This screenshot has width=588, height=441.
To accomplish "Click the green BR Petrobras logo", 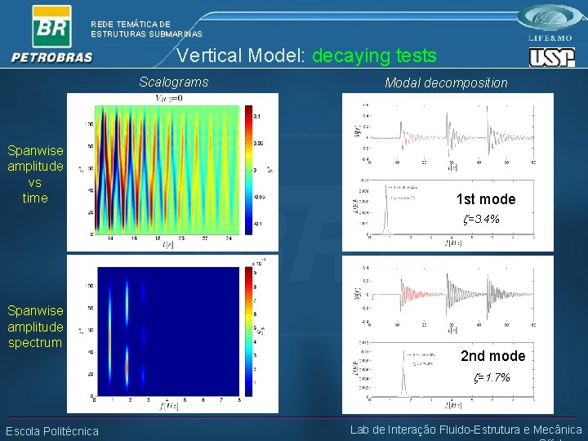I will [51, 27].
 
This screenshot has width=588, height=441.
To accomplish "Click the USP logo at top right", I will [552, 57].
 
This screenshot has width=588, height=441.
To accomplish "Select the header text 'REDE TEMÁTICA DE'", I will [131, 24].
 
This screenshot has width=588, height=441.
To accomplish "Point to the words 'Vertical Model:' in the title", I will [242, 56].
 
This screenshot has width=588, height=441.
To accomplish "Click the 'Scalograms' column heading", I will [173, 82].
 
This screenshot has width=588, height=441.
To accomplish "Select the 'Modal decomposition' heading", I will [446, 82].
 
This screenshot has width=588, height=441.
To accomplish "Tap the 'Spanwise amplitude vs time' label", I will [35, 174].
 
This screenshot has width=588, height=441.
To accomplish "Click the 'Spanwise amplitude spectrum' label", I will [35, 327].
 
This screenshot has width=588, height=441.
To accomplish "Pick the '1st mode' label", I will [485, 199].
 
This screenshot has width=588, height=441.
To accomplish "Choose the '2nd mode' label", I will [492, 356].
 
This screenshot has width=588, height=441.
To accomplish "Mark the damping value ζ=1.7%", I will [492, 377].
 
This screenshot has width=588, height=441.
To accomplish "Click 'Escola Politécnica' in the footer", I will [52, 431].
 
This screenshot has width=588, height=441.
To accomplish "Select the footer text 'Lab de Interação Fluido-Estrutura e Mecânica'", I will [465, 430].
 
